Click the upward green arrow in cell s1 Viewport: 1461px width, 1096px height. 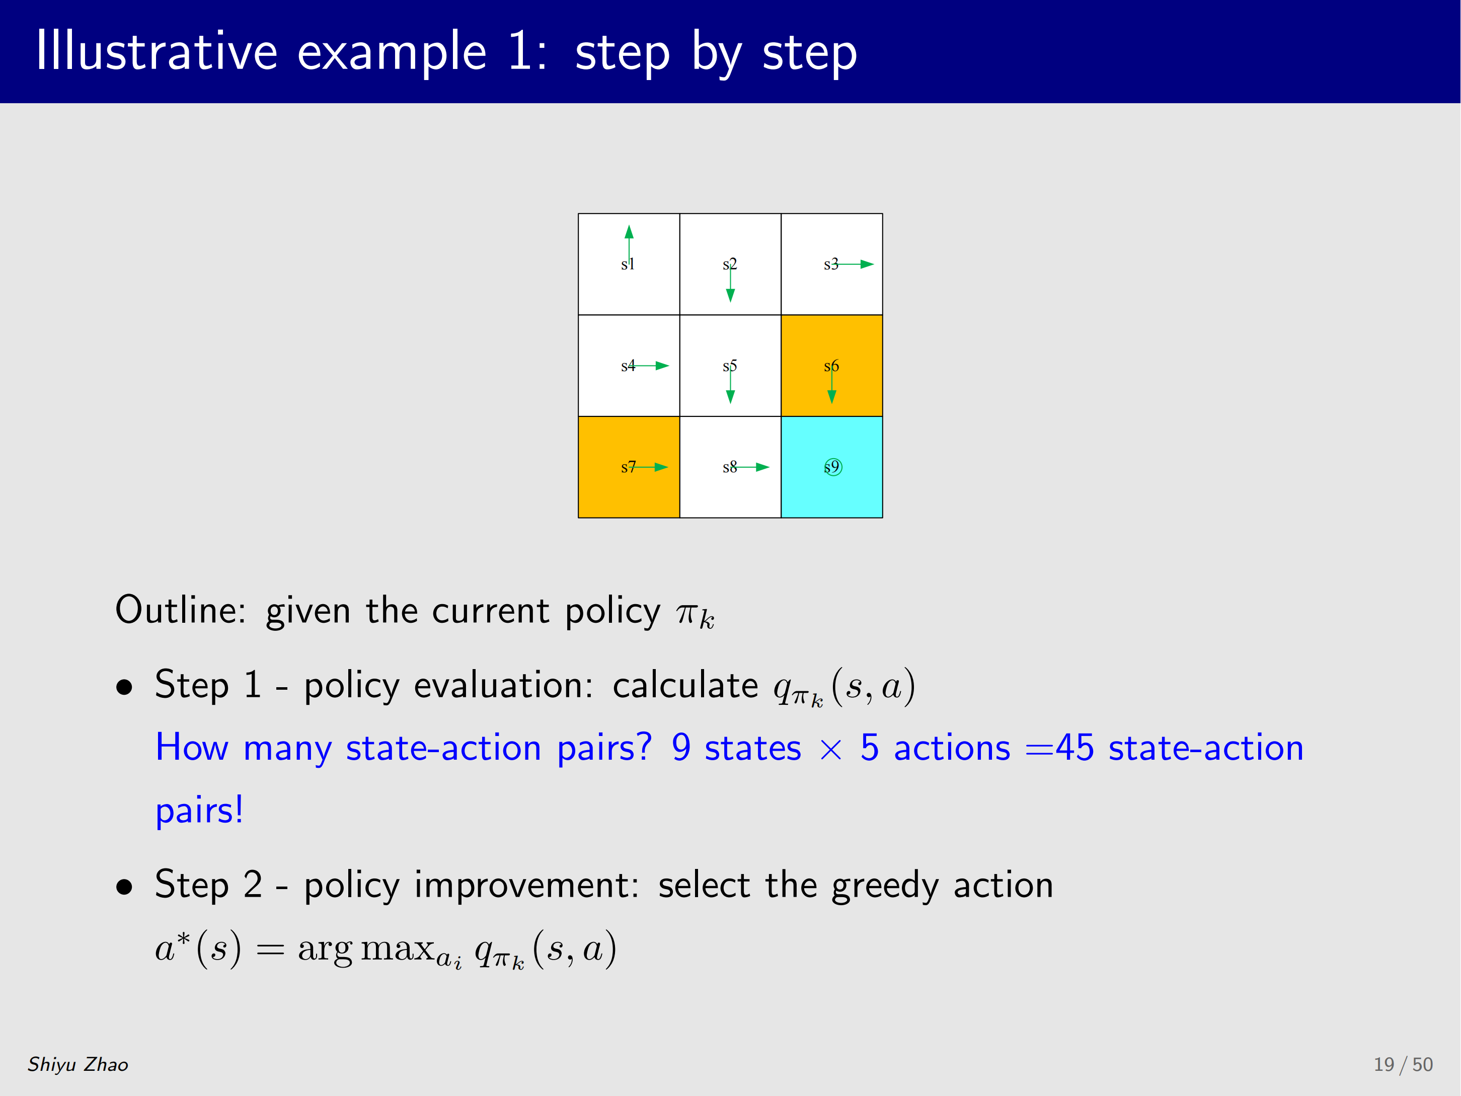coord(629,245)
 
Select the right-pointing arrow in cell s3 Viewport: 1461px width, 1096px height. coord(853,264)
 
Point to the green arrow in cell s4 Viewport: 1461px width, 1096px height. coord(649,366)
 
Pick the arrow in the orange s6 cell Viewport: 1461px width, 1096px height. coord(831,385)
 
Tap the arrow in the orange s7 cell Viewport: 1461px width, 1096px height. coord(649,467)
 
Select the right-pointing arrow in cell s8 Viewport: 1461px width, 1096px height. coord(750,467)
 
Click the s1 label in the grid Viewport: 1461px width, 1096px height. coord(628,264)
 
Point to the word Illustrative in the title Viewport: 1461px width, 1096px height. coord(157,51)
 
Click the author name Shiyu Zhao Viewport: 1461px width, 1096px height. coord(78,1064)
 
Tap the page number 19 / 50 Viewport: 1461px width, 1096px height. coord(1403,1064)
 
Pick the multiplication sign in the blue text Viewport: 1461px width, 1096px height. coord(831,750)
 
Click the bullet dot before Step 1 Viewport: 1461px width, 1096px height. coord(124,687)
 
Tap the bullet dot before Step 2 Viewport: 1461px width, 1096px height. coord(124,887)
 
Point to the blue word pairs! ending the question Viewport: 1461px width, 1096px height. coord(199,811)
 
